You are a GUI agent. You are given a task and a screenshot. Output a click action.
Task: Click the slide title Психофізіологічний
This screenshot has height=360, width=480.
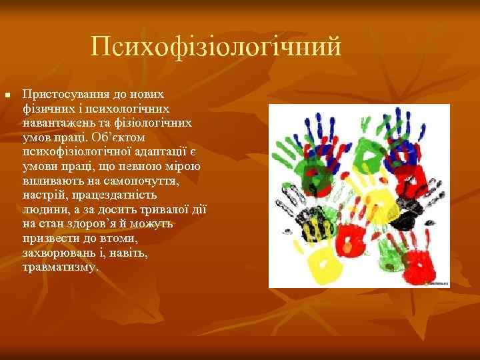click(x=216, y=47)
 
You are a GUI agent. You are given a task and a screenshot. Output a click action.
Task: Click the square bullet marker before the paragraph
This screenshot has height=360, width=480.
click(x=7, y=97)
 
